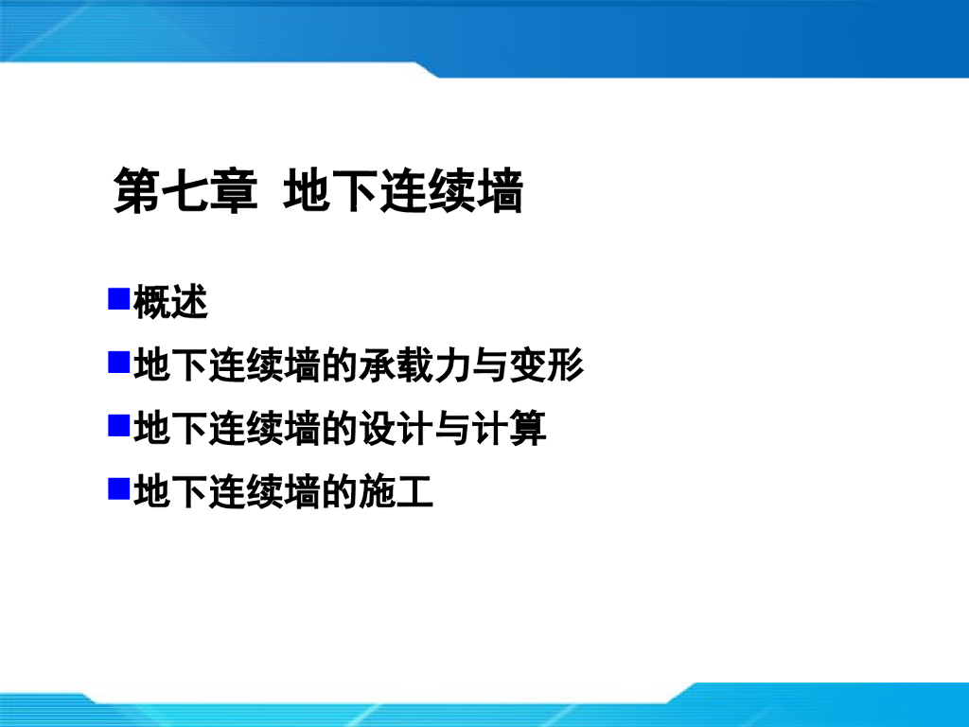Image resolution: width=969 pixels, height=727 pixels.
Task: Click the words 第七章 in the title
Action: pyautogui.click(x=185, y=191)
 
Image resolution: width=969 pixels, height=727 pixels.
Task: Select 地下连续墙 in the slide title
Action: pyautogui.click(x=403, y=191)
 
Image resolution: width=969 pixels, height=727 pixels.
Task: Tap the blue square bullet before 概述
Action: pyautogui.click(x=118, y=301)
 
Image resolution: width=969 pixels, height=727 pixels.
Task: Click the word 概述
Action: pyautogui.click(x=170, y=303)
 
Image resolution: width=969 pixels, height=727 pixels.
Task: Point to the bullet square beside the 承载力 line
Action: pyautogui.click(x=118, y=363)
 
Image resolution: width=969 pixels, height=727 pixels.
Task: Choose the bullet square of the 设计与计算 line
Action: pyautogui.click(x=118, y=425)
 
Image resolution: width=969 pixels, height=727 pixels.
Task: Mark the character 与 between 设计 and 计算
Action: pyautogui.click(x=452, y=428)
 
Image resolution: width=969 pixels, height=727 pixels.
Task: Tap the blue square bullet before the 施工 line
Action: pyautogui.click(x=118, y=488)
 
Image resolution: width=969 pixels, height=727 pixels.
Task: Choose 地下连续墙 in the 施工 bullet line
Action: pyautogui.click(x=227, y=490)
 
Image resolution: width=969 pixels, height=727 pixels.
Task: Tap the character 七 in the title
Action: pyautogui.click(x=185, y=191)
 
